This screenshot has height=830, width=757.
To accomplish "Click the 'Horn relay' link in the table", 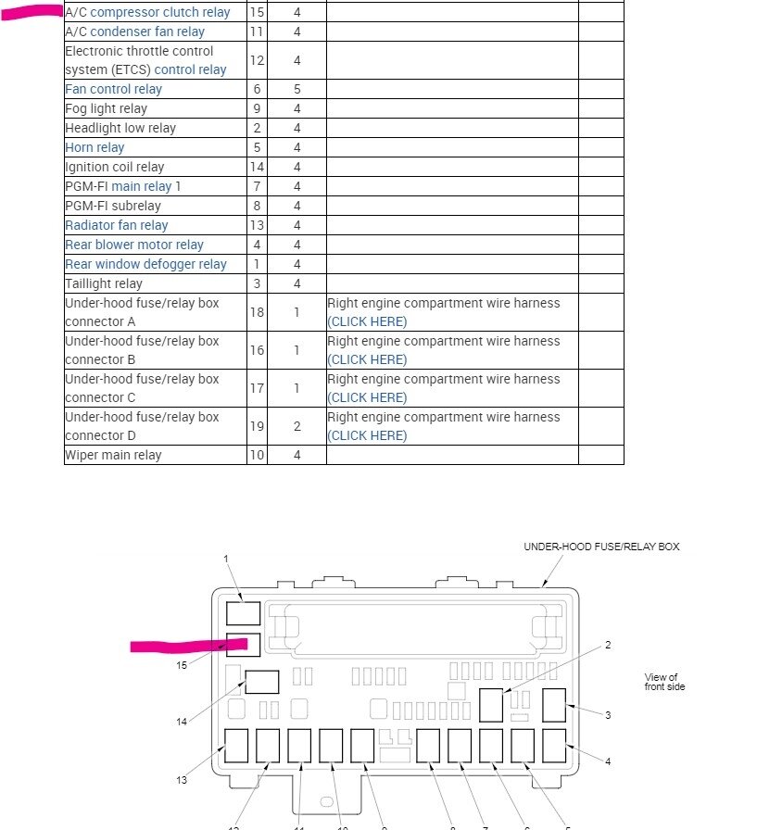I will click(x=95, y=147).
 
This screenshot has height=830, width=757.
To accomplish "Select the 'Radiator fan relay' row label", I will click(x=117, y=225).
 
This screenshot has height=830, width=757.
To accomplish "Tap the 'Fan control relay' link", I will click(x=113, y=89).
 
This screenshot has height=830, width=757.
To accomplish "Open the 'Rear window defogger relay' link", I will click(x=145, y=264).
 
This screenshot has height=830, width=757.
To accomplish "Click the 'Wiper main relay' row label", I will click(x=113, y=455).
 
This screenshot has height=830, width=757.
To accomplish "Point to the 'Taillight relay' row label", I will click(x=104, y=283).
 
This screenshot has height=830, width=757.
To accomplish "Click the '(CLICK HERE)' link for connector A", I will click(x=368, y=321).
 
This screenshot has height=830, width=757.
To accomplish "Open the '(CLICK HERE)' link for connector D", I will click(x=368, y=435).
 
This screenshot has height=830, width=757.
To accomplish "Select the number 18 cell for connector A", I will click(x=257, y=312).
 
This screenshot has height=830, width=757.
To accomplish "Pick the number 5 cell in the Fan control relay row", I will click(x=296, y=89).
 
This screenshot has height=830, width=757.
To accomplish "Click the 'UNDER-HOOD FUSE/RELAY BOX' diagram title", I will click(x=601, y=547).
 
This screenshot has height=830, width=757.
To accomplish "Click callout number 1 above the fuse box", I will click(x=226, y=559).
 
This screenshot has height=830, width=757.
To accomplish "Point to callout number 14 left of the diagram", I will click(x=182, y=722).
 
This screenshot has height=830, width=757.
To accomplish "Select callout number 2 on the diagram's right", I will click(x=608, y=645).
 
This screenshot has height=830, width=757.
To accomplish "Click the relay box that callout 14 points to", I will click(x=261, y=683).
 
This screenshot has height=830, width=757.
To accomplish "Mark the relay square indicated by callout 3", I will click(x=553, y=705).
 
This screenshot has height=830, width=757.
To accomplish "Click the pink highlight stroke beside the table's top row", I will click(x=33, y=13).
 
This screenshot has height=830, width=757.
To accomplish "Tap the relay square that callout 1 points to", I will click(x=243, y=612).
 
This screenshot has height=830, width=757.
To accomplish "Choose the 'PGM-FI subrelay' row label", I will click(x=112, y=206).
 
